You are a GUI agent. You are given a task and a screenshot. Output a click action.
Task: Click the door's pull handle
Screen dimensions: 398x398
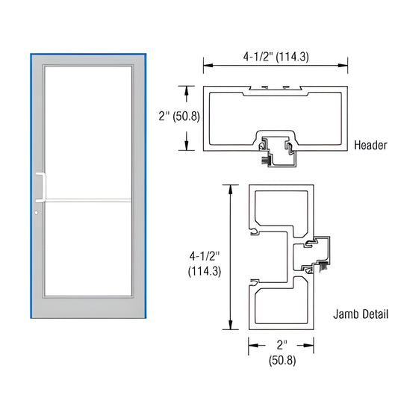point(38,187)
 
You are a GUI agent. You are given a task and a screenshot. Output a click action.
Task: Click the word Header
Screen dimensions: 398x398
point(370,145)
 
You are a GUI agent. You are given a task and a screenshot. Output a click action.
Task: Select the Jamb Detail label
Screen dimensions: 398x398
point(361,314)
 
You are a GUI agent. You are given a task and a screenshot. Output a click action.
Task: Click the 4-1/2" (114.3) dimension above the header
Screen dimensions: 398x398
point(276,55)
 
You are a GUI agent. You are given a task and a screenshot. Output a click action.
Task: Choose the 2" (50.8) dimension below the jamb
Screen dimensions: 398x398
point(281,353)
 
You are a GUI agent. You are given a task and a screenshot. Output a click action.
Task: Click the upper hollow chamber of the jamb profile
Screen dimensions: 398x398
point(280,211)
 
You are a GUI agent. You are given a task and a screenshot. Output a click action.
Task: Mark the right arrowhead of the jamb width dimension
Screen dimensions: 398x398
point(310,345)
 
